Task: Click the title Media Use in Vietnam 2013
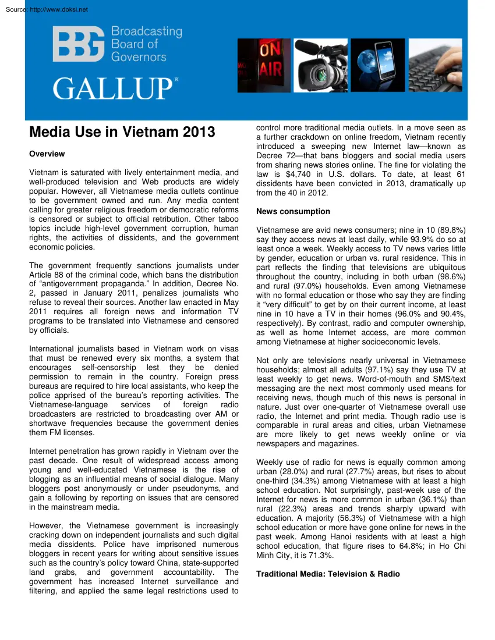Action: (122, 133)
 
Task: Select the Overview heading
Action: (47, 154)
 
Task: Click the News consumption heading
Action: (293, 212)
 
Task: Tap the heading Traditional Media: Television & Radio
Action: (328, 574)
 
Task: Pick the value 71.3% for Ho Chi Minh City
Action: (306, 556)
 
